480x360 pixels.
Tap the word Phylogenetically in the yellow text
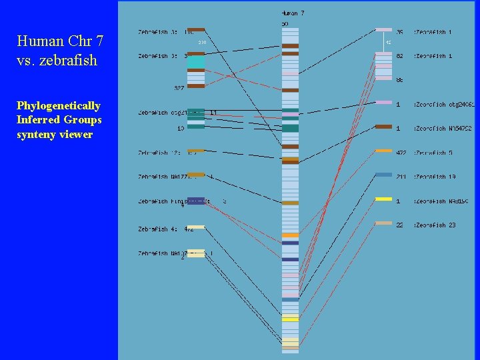pos(59,106)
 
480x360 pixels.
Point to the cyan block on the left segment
pos(196,62)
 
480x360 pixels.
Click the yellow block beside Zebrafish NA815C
pos(383,199)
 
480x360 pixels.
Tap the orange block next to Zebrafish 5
pos(383,151)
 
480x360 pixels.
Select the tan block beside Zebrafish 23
pos(383,223)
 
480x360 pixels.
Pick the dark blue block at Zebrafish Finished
pos(196,201)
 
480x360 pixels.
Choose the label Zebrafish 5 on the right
pos(435,153)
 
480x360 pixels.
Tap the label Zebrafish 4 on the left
pos(157,229)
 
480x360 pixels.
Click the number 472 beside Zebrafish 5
pos(401,153)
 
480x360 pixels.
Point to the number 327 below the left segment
pos(179,88)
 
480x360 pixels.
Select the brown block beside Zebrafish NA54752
pos(383,126)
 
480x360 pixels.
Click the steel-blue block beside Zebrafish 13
pos(383,175)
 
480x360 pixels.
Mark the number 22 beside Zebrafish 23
pos(399,225)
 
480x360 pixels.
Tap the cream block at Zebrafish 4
pos(196,227)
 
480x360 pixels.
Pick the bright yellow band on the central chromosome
pos(290,318)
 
